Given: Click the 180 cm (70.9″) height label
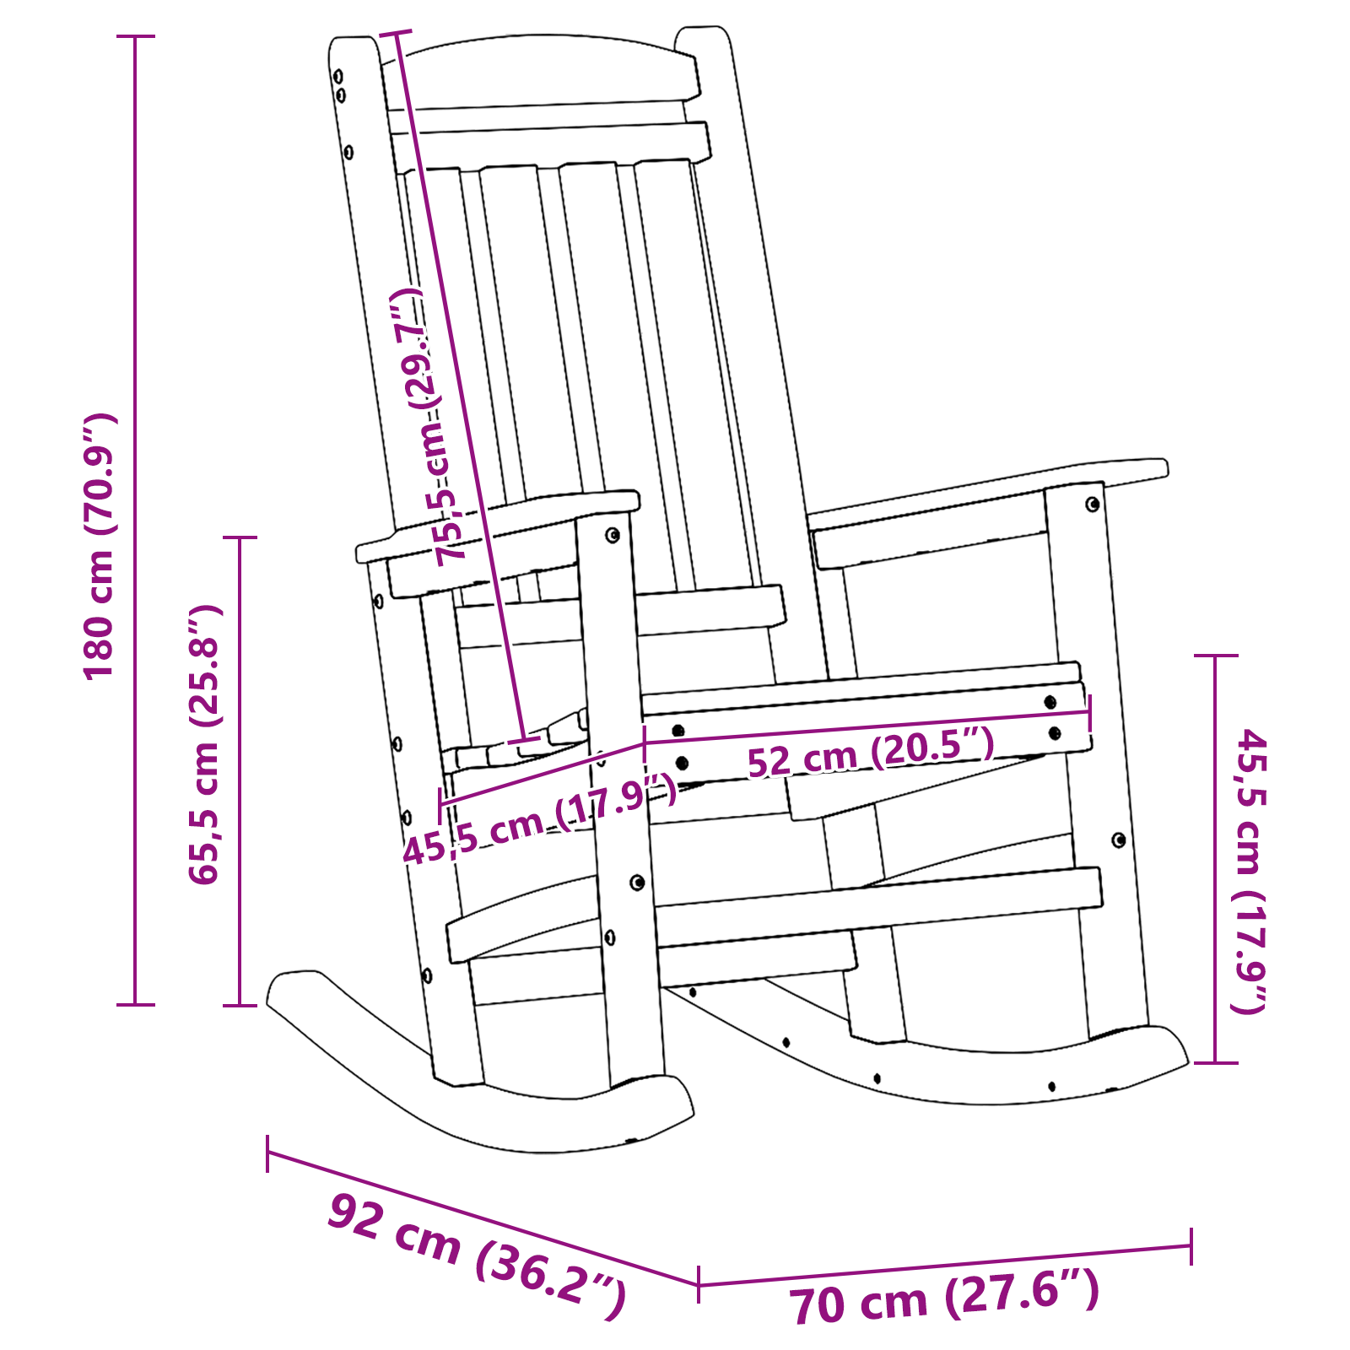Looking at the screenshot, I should pos(100,547).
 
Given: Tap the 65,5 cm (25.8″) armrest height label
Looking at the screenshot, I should pos(204,744).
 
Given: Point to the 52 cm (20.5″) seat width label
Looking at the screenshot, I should pos(871,753).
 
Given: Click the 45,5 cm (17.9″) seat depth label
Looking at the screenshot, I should pos(540,825).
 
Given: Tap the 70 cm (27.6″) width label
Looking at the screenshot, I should pos(944,1300).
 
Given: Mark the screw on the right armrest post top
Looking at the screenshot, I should pos(1093,505).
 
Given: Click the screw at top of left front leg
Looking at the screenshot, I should pos(613,535).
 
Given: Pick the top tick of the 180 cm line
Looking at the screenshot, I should pos(135,36).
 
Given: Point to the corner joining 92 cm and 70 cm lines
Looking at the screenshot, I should pos(699,1285).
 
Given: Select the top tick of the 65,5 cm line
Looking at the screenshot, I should pos(240,537).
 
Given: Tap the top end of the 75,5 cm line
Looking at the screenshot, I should pos(396,34).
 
